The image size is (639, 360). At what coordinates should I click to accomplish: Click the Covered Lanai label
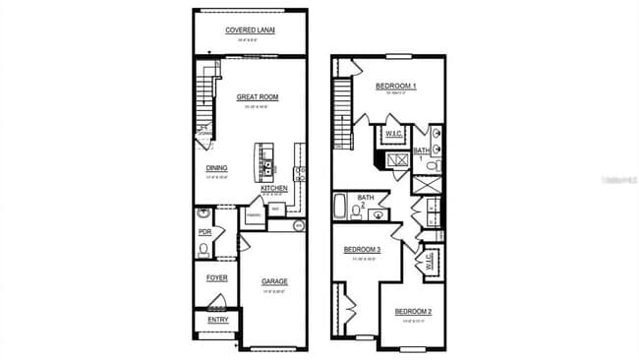coord(250,30)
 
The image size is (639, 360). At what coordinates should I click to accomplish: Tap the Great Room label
coord(257,97)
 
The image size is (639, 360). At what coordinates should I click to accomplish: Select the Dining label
coord(216,168)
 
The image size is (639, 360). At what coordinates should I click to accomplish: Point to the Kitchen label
coord(273,188)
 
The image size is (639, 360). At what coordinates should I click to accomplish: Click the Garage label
coord(274,281)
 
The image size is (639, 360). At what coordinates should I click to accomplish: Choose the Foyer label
coord(216,277)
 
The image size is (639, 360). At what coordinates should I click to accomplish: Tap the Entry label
coord(216,320)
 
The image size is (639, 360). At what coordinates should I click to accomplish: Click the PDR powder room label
coord(205,232)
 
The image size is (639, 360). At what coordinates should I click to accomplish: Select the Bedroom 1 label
coord(396,87)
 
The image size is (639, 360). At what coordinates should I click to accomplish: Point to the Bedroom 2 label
coord(413,312)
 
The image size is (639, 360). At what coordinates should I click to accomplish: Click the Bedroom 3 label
coord(362,250)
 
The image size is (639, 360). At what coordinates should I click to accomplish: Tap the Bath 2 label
coord(366,200)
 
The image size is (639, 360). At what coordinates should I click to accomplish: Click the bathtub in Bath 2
coord(341,208)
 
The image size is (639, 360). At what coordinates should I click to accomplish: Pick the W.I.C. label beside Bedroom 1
coord(394,133)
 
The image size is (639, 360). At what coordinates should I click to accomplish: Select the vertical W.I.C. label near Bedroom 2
coord(430,261)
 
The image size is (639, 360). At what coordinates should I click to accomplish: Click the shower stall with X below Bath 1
coord(397,159)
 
